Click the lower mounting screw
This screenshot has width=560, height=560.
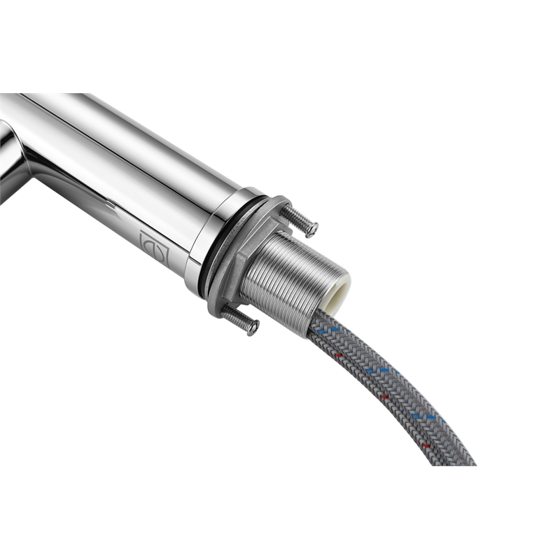238,318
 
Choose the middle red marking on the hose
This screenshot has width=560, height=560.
384,400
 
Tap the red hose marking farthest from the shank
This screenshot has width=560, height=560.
426,445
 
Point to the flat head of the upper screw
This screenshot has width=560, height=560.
311,228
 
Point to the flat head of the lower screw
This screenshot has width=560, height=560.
253,326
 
